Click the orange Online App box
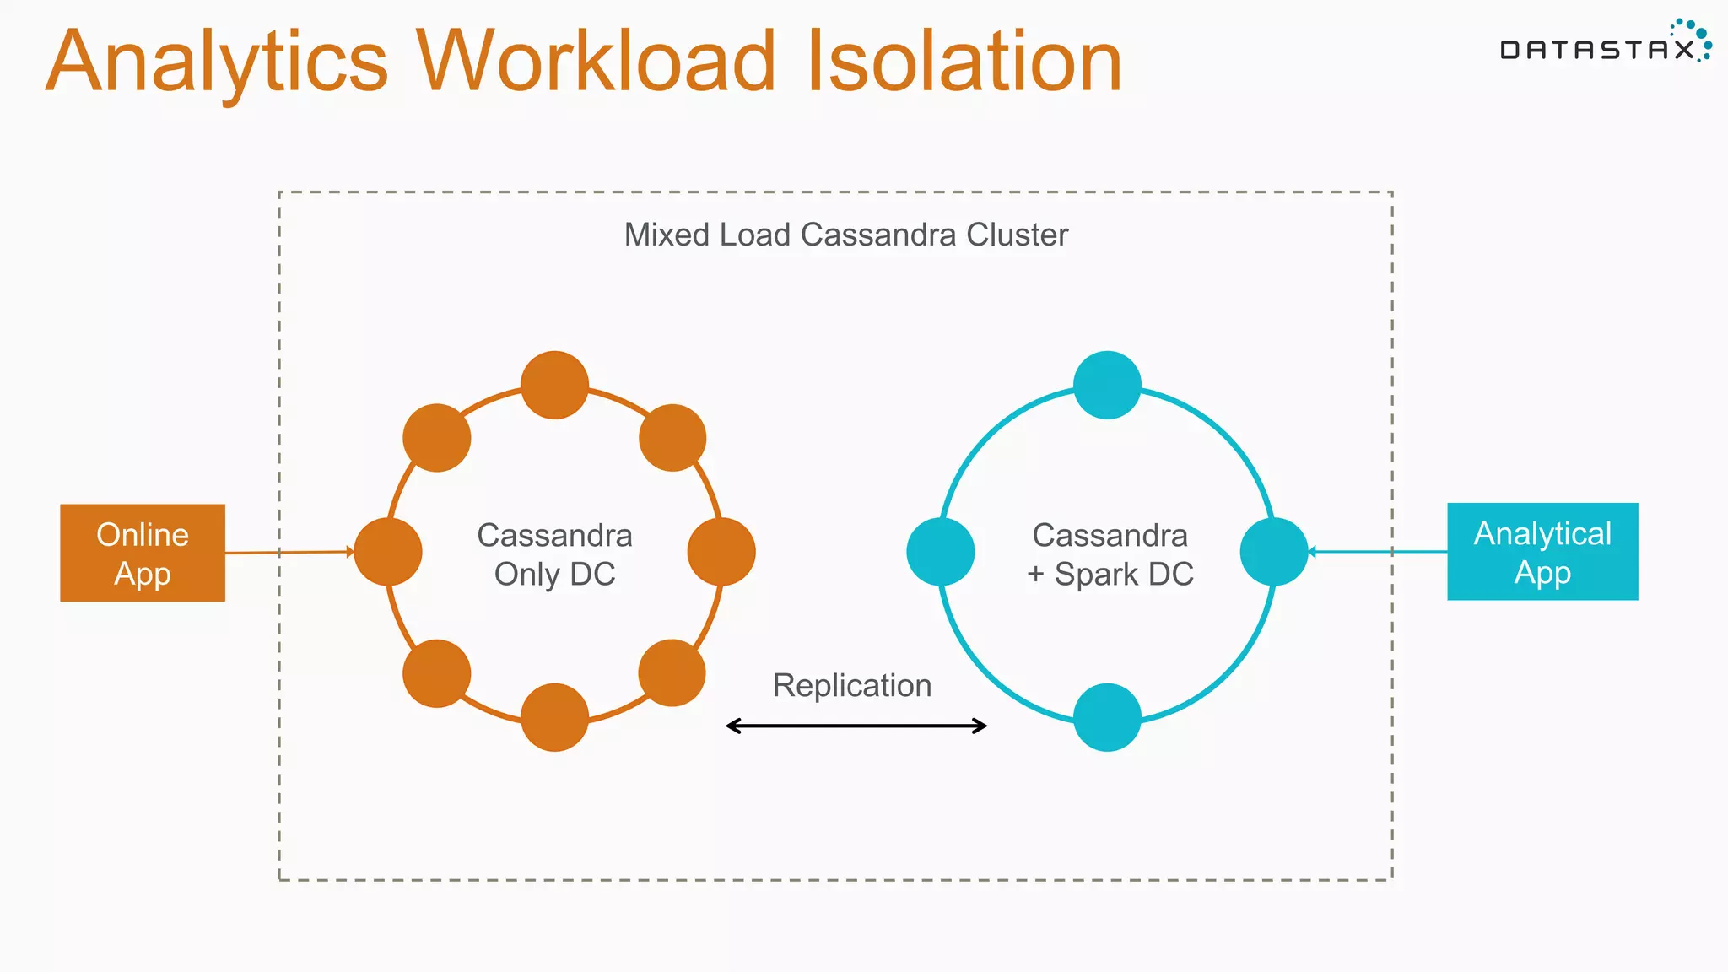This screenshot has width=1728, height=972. [x=143, y=553]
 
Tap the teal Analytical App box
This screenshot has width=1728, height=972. [x=1542, y=552]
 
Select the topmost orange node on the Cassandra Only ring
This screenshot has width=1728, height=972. [x=554, y=385]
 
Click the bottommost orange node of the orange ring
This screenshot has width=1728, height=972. [x=554, y=717]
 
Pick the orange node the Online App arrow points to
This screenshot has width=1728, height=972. [x=388, y=552]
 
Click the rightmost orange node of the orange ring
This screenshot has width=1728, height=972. [x=721, y=552]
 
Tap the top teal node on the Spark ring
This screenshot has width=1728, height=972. [x=1107, y=385]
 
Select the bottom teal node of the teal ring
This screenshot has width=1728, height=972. [x=1107, y=717]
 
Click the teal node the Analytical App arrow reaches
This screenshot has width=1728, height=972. [x=1274, y=552]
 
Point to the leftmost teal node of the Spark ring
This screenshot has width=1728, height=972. [x=941, y=552]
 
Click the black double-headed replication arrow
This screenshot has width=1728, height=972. [x=856, y=726]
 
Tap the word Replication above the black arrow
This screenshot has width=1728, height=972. [x=852, y=686]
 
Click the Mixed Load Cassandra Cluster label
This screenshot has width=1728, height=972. [x=846, y=235]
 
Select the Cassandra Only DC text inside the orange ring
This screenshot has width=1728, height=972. [x=554, y=554]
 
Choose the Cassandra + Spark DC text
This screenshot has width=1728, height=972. [x=1110, y=554]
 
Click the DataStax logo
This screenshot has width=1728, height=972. [x=1603, y=46]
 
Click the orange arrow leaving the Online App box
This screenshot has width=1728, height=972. [x=287, y=553]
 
